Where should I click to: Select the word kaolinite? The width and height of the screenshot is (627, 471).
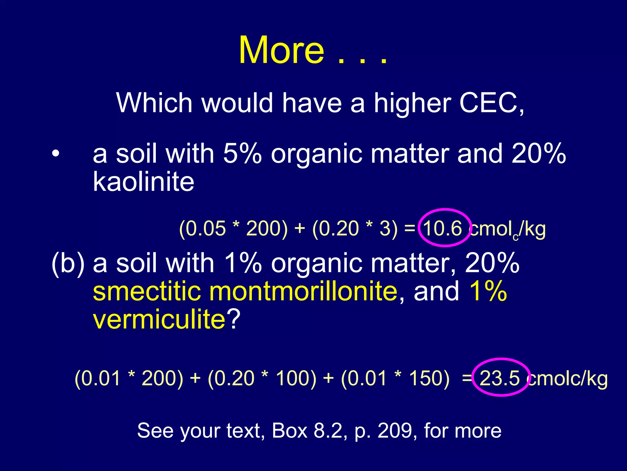tap(143, 182)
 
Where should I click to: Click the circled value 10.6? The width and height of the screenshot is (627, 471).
tap(443, 228)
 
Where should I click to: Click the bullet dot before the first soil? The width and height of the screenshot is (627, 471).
tap(55, 153)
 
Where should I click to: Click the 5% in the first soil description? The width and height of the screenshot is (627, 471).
tap(242, 153)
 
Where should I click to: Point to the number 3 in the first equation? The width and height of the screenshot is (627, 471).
tap(385, 228)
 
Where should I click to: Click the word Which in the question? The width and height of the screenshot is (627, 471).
tap(154, 103)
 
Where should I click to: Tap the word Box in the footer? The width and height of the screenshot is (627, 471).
tap(289, 431)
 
